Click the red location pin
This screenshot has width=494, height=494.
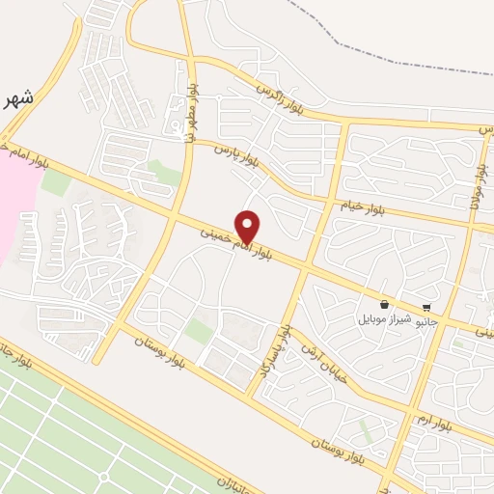[x=248, y=226]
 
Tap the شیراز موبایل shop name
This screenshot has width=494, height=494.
[x=385, y=317]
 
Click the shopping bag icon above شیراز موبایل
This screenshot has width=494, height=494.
[x=385, y=302]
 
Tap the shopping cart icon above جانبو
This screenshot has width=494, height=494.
[x=426, y=308]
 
